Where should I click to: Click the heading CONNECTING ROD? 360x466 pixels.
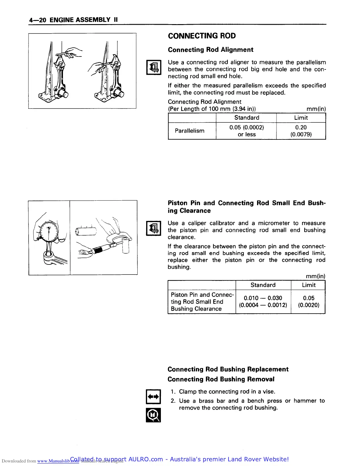[x=202, y=36]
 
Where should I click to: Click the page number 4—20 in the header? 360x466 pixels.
[x=38, y=20]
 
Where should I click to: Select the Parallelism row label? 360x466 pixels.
[x=189, y=131]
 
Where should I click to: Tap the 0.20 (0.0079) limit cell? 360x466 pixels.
[x=301, y=131]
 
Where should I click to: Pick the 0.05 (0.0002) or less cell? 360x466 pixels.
[x=246, y=131]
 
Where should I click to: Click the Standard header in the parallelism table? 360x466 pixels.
[x=246, y=118]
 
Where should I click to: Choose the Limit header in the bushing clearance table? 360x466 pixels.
[x=309, y=285]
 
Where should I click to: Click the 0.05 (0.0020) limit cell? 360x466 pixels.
[x=309, y=302]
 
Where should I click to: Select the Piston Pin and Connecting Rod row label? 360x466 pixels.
[x=202, y=302]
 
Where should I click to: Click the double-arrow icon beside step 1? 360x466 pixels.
[x=153, y=397]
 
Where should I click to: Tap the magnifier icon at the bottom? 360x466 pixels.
[x=153, y=415]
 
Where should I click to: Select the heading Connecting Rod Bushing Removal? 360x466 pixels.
[x=221, y=379]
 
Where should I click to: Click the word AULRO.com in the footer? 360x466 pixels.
[x=146, y=459]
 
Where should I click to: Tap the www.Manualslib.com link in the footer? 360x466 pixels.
[x=58, y=461]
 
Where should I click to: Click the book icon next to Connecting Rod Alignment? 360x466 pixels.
[x=154, y=67]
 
